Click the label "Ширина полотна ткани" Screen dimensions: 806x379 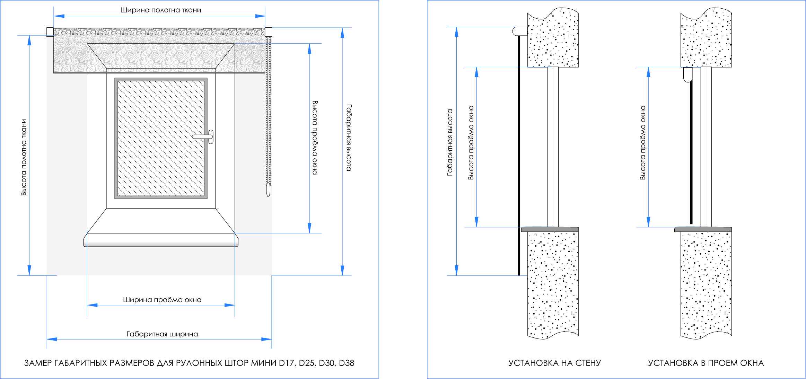[x=161, y=10]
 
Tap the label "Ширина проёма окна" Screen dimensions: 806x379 [x=162, y=300]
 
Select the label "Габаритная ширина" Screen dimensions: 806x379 [x=162, y=334]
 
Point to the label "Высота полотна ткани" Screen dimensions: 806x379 [x=24, y=157]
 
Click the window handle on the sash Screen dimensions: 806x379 [x=204, y=137]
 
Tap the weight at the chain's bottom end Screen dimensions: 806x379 [x=268, y=190]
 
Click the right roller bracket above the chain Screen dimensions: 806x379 [x=268, y=32]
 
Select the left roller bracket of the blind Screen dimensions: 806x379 [x=50, y=32]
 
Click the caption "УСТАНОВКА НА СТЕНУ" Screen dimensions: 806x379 [x=554, y=363]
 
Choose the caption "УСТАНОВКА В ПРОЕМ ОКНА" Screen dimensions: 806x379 [x=706, y=363]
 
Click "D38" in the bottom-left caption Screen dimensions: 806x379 [x=347, y=363]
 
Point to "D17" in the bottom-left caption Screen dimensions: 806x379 [x=287, y=363]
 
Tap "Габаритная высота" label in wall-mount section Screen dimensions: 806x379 [x=450, y=143]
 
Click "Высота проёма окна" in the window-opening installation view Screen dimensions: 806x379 [x=643, y=143]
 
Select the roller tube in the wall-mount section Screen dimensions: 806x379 [x=520, y=31]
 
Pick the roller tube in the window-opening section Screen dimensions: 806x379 [x=688, y=74]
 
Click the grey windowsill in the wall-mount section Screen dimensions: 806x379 [x=550, y=229]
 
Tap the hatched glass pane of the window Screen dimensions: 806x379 [x=161, y=138]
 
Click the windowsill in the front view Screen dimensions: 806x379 [x=161, y=240]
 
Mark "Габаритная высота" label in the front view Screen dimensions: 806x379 [x=349, y=138]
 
